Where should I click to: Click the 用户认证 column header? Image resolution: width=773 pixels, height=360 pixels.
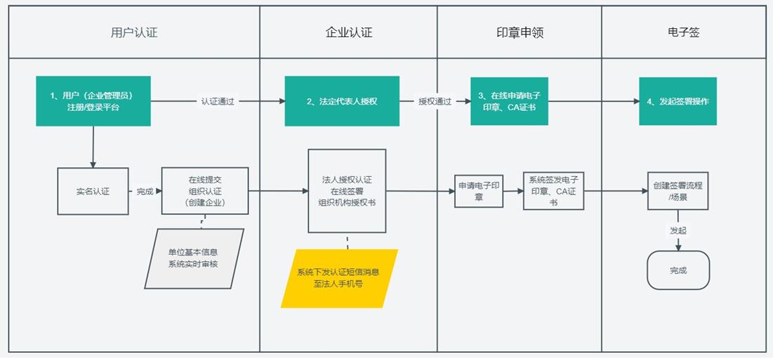tap(134, 32)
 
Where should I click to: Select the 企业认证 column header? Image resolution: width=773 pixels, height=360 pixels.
tap(348, 32)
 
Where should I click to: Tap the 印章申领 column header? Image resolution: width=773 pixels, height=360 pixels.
tap(520, 32)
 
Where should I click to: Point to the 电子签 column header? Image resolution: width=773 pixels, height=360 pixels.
tap(683, 32)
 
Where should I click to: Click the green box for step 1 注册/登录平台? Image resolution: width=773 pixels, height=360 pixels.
tap(93, 101)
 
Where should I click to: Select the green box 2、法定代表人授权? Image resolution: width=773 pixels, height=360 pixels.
tap(342, 101)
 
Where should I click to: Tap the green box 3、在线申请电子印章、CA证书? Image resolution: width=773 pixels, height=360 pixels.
tap(509, 101)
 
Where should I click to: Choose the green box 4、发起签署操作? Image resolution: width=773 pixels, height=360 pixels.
tap(678, 101)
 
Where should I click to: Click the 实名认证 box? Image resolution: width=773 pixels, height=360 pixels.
tap(93, 191)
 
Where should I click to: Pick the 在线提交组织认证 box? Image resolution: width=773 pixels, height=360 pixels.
tap(205, 191)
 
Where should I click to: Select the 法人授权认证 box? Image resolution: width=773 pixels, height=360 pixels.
tap(347, 190)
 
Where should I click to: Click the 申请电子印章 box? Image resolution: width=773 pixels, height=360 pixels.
tap(479, 191)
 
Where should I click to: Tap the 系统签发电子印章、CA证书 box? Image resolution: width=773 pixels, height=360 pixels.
tap(553, 191)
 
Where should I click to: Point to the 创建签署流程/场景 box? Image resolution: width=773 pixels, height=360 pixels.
tap(678, 191)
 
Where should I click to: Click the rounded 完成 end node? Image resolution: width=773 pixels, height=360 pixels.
tap(678, 270)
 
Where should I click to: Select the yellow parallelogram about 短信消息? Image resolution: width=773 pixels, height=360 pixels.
tap(339, 279)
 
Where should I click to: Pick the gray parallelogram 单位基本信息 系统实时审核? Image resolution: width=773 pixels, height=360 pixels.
tap(194, 258)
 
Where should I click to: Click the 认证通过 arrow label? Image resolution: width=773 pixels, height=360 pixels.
tap(218, 101)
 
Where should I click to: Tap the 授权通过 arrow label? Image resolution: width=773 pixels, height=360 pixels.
tap(435, 101)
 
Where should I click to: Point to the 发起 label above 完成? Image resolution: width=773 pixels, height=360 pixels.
tap(678, 229)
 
